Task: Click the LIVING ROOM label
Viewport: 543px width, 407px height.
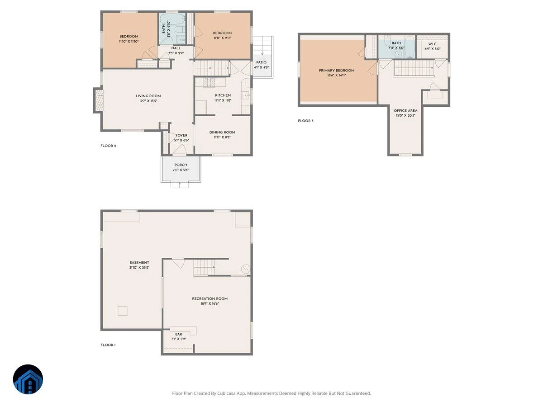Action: pyautogui.click(x=148, y=96)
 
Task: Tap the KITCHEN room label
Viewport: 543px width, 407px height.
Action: pyautogui.click(x=223, y=95)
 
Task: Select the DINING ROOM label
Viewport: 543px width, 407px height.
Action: pyautogui.click(x=222, y=132)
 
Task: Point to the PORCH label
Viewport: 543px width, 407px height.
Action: pyautogui.click(x=181, y=165)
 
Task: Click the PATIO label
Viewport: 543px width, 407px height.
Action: pyautogui.click(x=261, y=62)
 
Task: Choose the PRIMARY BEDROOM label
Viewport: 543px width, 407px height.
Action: pyautogui.click(x=337, y=71)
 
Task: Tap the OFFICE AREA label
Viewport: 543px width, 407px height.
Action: pyautogui.click(x=405, y=110)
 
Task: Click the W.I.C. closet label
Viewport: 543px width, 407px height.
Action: pyautogui.click(x=433, y=44)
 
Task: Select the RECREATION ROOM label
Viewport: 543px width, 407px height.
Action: pyautogui.click(x=210, y=298)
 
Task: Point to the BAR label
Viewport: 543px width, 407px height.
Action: pyautogui.click(x=179, y=334)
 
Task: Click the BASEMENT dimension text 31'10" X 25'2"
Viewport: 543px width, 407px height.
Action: pyautogui.click(x=139, y=267)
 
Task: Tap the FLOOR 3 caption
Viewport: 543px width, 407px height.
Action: pyautogui.click(x=305, y=121)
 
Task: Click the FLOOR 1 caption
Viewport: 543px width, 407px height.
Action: pyautogui.click(x=108, y=345)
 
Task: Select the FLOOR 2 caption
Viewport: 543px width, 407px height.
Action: pyautogui.click(x=108, y=146)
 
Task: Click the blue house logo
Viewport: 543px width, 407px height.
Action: pyautogui.click(x=28, y=379)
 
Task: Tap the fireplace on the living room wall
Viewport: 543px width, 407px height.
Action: pyautogui.click(x=98, y=100)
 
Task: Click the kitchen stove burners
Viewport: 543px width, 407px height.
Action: pyautogui.click(x=209, y=82)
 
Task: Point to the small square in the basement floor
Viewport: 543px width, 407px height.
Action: pyautogui.click(x=123, y=311)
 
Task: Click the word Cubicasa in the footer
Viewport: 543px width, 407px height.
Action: pyautogui.click(x=226, y=393)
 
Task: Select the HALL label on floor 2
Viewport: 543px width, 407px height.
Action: pyautogui.click(x=176, y=48)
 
